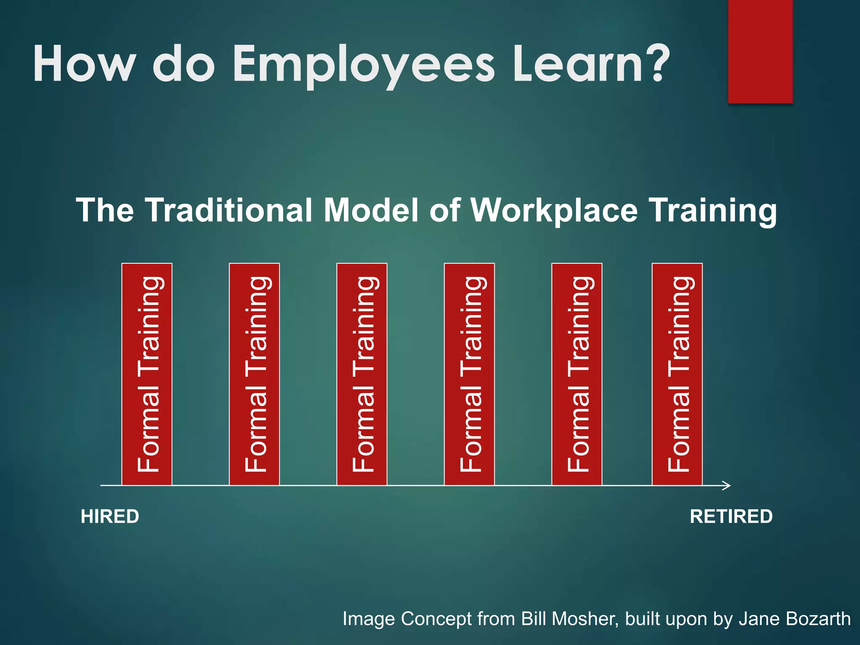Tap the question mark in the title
pyautogui.click(x=650, y=63)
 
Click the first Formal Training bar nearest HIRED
pyautogui.click(x=147, y=374)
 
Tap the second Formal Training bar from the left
pyautogui.click(x=254, y=374)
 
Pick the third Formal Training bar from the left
pyautogui.click(x=362, y=374)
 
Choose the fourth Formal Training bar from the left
pyautogui.click(x=469, y=374)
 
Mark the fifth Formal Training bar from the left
pyautogui.click(x=577, y=374)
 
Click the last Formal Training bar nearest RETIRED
pyautogui.click(x=677, y=374)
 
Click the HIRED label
pyautogui.click(x=110, y=517)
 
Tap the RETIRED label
pyautogui.click(x=731, y=517)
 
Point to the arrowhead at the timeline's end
pyautogui.click(x=727, y=485)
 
